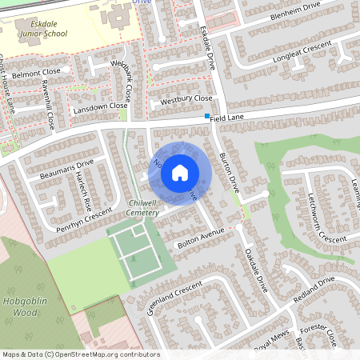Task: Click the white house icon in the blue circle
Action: click(x=180, y=172)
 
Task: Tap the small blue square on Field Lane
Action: click(x=207, y=117)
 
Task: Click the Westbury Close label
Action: click(x=186, y=100)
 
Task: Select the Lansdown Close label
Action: click(x=100, y=106)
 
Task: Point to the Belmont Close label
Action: click(x=37, y=72)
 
